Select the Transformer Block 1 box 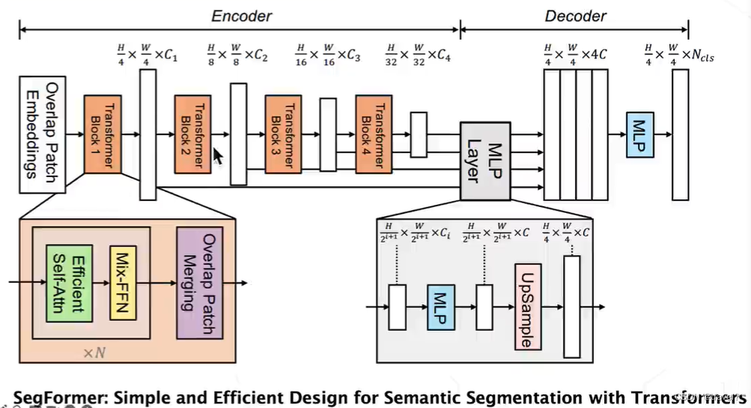pos(103,133)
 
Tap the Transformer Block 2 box pos(193,133)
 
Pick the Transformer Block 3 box pos(283,133)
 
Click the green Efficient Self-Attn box pos(68,283)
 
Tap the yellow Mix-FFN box pos(123,282)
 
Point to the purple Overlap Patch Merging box pos(200,282)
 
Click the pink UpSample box pos(527,306)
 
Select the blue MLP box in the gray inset pos(441,307)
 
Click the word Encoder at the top pos(241,15)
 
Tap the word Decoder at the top pos(575,15)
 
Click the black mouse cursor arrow pos(218,155)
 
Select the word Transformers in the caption pos(693,395)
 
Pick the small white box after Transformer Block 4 pos(419,134)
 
